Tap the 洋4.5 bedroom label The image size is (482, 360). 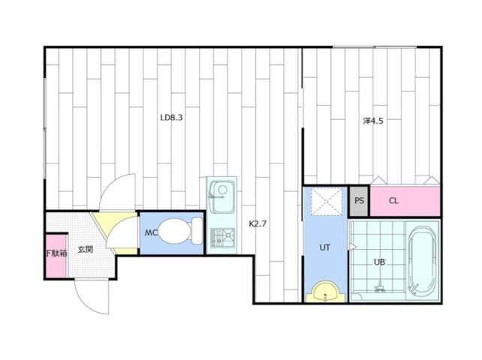[x=373, y=120]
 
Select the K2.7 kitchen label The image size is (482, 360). [x=258, y=223]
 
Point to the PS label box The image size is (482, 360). [x=359, y=201]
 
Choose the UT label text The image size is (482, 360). [x=325, y=247]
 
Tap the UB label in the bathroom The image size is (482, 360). [x=379, y=262]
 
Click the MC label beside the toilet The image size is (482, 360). [x=151, y=232]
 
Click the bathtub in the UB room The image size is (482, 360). [x=421, y=260]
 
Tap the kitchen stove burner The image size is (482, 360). [x=222, y=237]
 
